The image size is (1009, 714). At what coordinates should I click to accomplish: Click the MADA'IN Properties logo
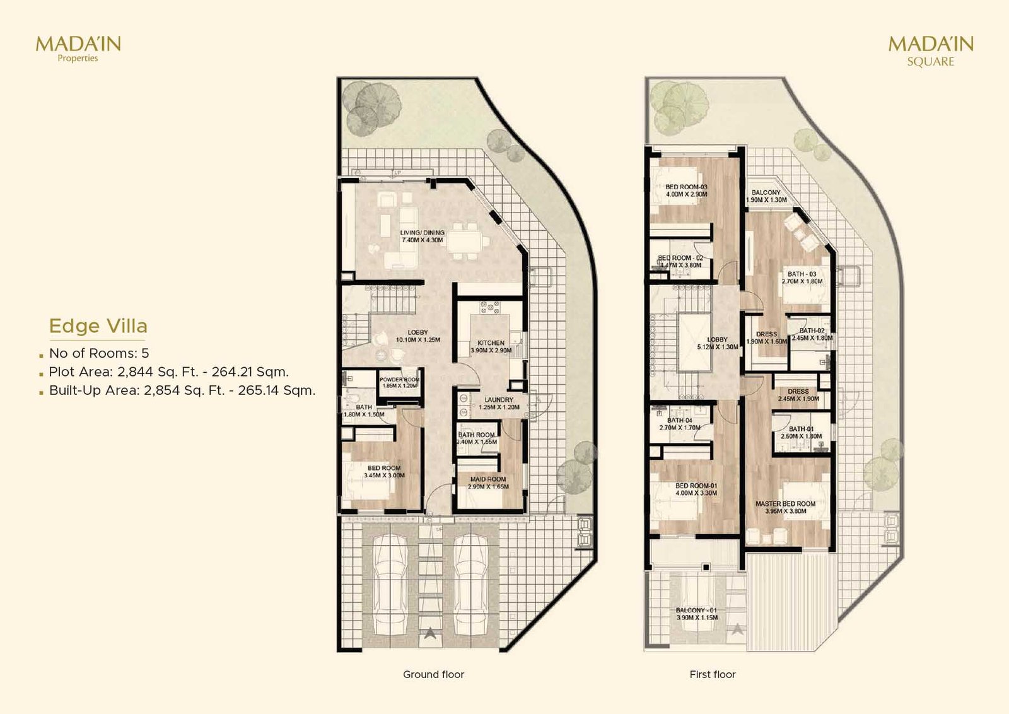[78, 48]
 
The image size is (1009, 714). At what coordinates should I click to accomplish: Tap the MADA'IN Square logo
[931, 50]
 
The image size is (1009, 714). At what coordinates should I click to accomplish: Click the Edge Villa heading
[98, 326]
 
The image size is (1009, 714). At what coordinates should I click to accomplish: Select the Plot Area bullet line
[168, 372]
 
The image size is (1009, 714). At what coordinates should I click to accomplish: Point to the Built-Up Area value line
[182, 390]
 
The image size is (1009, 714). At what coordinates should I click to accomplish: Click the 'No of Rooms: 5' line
[99, 353]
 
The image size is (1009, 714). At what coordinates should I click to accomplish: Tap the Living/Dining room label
[422, 237]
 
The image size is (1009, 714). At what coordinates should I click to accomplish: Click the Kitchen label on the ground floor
[491, 346]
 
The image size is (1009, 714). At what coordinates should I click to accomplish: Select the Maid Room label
[488, 483]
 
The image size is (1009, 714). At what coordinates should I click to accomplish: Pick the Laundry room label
[499, 403]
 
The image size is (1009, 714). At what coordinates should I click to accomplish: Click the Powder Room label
[400, 382]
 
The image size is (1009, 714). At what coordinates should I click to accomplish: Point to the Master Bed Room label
[785, 507]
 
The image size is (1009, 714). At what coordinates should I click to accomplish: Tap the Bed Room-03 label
[686, 190]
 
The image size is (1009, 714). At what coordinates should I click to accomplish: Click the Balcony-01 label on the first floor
[696, 614]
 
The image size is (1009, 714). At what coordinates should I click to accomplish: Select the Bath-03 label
[802, 278]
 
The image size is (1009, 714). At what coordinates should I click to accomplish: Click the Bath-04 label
[680, 424]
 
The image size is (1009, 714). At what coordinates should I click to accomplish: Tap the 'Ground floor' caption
[433, 674]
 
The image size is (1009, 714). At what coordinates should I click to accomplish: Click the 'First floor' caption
[713, 674]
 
